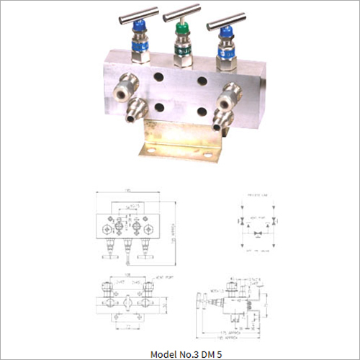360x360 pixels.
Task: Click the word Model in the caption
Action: coord(162,354)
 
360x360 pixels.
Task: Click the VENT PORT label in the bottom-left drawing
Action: coord(161,276)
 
